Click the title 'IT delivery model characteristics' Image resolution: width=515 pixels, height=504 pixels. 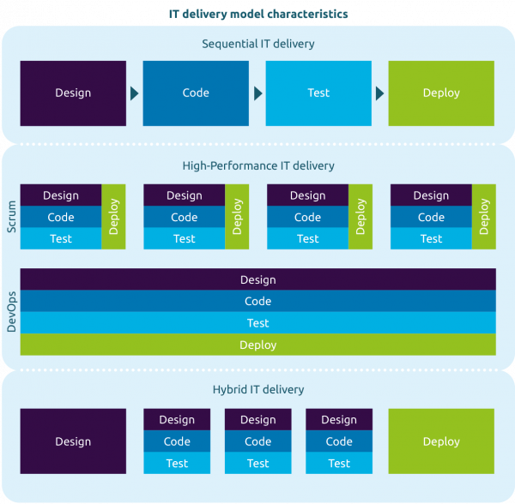[258, 14]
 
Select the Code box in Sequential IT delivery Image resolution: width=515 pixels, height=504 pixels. [196, 93]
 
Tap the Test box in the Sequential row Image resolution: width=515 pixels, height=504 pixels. [318, 93]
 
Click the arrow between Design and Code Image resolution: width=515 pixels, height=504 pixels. [135, 93]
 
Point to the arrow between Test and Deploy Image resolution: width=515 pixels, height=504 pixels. [379, 93]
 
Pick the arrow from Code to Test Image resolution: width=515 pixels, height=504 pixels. [258, 93]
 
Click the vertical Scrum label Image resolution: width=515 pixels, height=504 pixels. [11, 217]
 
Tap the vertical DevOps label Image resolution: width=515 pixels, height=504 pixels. [11, 312]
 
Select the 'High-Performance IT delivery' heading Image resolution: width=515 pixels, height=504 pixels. [258, 166]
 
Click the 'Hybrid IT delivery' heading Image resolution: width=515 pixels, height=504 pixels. [258, 389]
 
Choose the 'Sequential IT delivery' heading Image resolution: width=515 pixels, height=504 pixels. [258, 44]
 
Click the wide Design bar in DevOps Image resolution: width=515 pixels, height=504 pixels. [258, 279]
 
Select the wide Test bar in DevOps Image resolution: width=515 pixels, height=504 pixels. [258, 322]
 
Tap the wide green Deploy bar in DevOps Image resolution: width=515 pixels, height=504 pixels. [258, 345]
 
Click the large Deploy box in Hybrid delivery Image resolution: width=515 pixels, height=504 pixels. [441, 441]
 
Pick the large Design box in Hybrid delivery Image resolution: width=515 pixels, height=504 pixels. [73, 441]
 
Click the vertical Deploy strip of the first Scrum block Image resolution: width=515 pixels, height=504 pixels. [113, 217]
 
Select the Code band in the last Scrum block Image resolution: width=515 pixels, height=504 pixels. [431, 217]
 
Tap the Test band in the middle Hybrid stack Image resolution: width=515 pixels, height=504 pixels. [258, 463]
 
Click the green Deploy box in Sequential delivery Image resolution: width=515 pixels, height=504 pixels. [441, 93]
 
